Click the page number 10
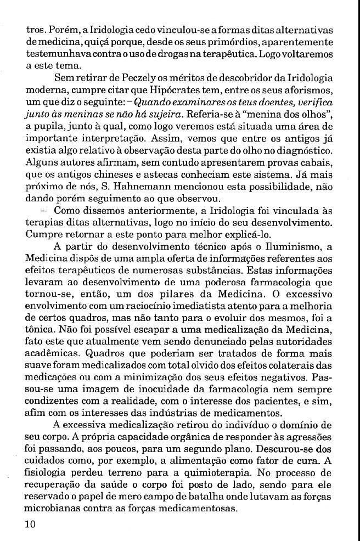tap(31, 524)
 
